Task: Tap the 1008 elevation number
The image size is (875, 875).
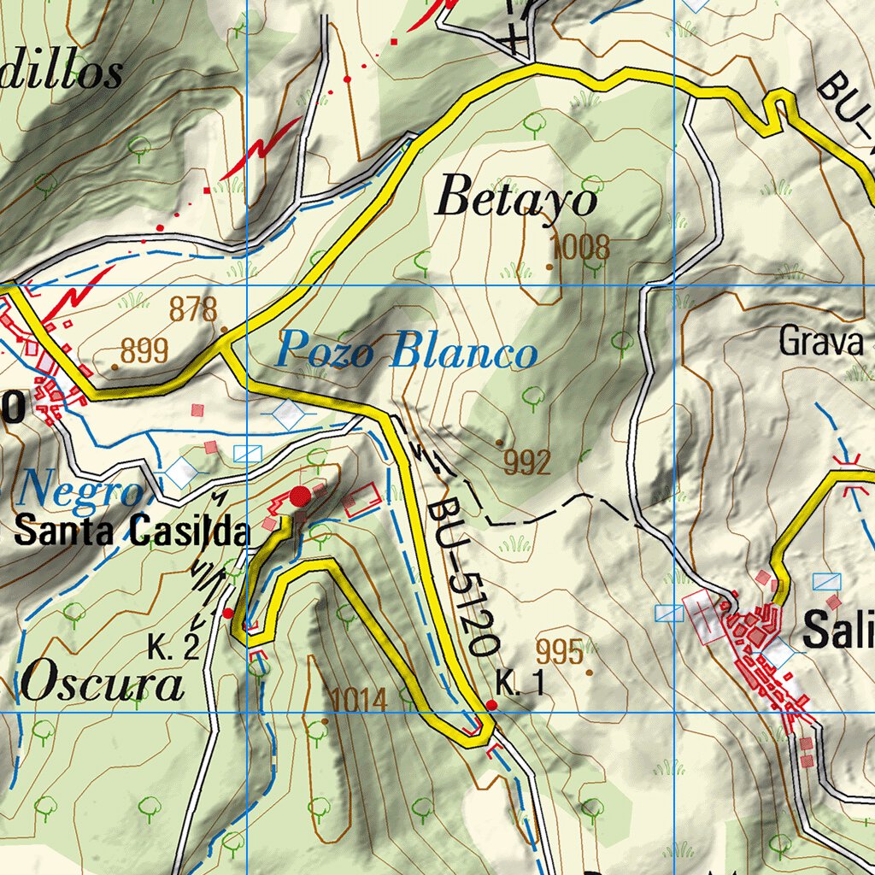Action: (581, 248)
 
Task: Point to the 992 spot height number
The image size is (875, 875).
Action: (527, 462)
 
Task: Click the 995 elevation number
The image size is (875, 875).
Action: (560, 652)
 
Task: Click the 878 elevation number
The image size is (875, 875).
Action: (193, 309)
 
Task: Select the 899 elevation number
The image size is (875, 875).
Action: (144, 350)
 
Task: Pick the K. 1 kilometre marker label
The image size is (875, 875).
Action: (520, 684)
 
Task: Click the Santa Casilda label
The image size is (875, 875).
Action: (132, 532)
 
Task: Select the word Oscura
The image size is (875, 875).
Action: (103, 685)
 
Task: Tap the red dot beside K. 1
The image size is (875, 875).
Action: (491, 705)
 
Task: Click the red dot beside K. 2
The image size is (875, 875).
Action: (227, 613)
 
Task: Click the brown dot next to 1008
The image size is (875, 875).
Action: (549, 267)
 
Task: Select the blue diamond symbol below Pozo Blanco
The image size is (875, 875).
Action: (289, 414)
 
